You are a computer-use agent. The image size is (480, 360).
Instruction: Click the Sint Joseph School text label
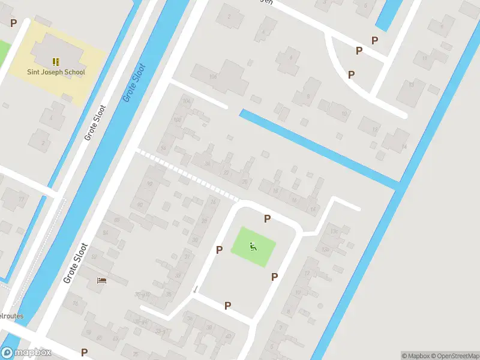click(56, 72)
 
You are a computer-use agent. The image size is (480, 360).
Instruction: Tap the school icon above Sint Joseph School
click(56, 61)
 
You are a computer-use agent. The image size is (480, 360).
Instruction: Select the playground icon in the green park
click(253, 246)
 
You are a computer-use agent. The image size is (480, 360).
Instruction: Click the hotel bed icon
click(101, 280)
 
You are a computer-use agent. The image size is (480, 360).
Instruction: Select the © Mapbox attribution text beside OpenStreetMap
click(413, 355)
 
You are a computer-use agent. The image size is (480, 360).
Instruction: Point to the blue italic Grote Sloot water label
click(134, 82)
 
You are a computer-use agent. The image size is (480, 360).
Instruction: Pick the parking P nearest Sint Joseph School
click(13, 22)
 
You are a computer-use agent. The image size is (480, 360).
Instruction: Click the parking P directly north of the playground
click(267, 219)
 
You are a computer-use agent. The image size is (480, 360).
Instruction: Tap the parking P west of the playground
click(220, 250)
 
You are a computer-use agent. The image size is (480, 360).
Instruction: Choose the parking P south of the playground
click(227, 306)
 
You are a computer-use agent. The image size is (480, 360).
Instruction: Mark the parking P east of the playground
click(274, 277)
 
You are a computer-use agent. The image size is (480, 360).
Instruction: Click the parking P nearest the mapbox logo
click(84, 353)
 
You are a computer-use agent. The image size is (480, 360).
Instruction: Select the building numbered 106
click(212, 77)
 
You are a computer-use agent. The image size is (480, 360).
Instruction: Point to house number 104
click(186, 101)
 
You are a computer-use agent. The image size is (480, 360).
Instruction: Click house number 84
click(106, 233)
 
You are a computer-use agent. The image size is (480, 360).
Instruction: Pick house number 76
click(76, 304)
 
